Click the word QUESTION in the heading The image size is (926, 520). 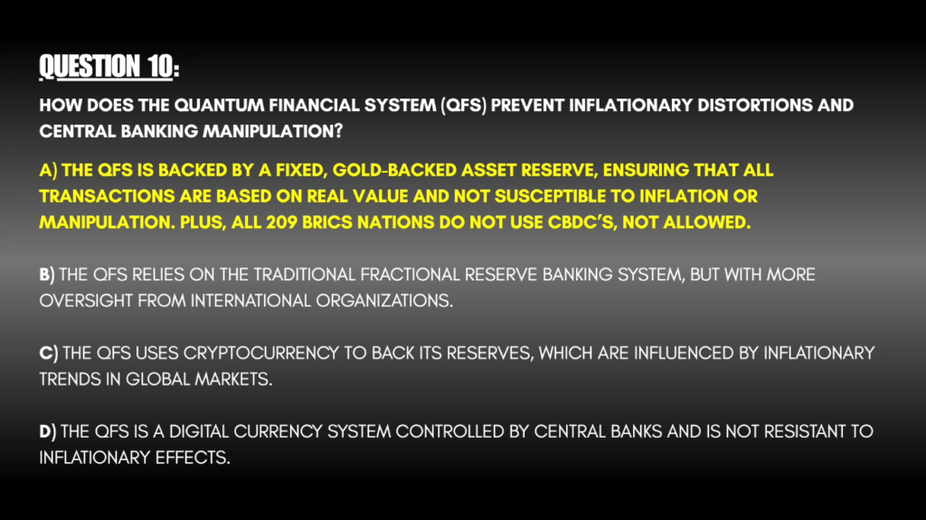90,66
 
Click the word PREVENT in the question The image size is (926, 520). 527,105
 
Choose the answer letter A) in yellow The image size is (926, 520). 49,170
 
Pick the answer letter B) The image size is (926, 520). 47,275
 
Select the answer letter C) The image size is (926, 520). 49,354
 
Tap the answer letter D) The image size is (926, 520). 48,432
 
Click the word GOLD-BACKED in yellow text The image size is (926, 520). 394,170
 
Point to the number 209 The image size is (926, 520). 282,222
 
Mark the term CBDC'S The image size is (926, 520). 582,222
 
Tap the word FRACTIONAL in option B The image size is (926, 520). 410,275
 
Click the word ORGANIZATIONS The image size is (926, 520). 384,301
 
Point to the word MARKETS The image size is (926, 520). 234,379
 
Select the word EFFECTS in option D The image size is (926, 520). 194,458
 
